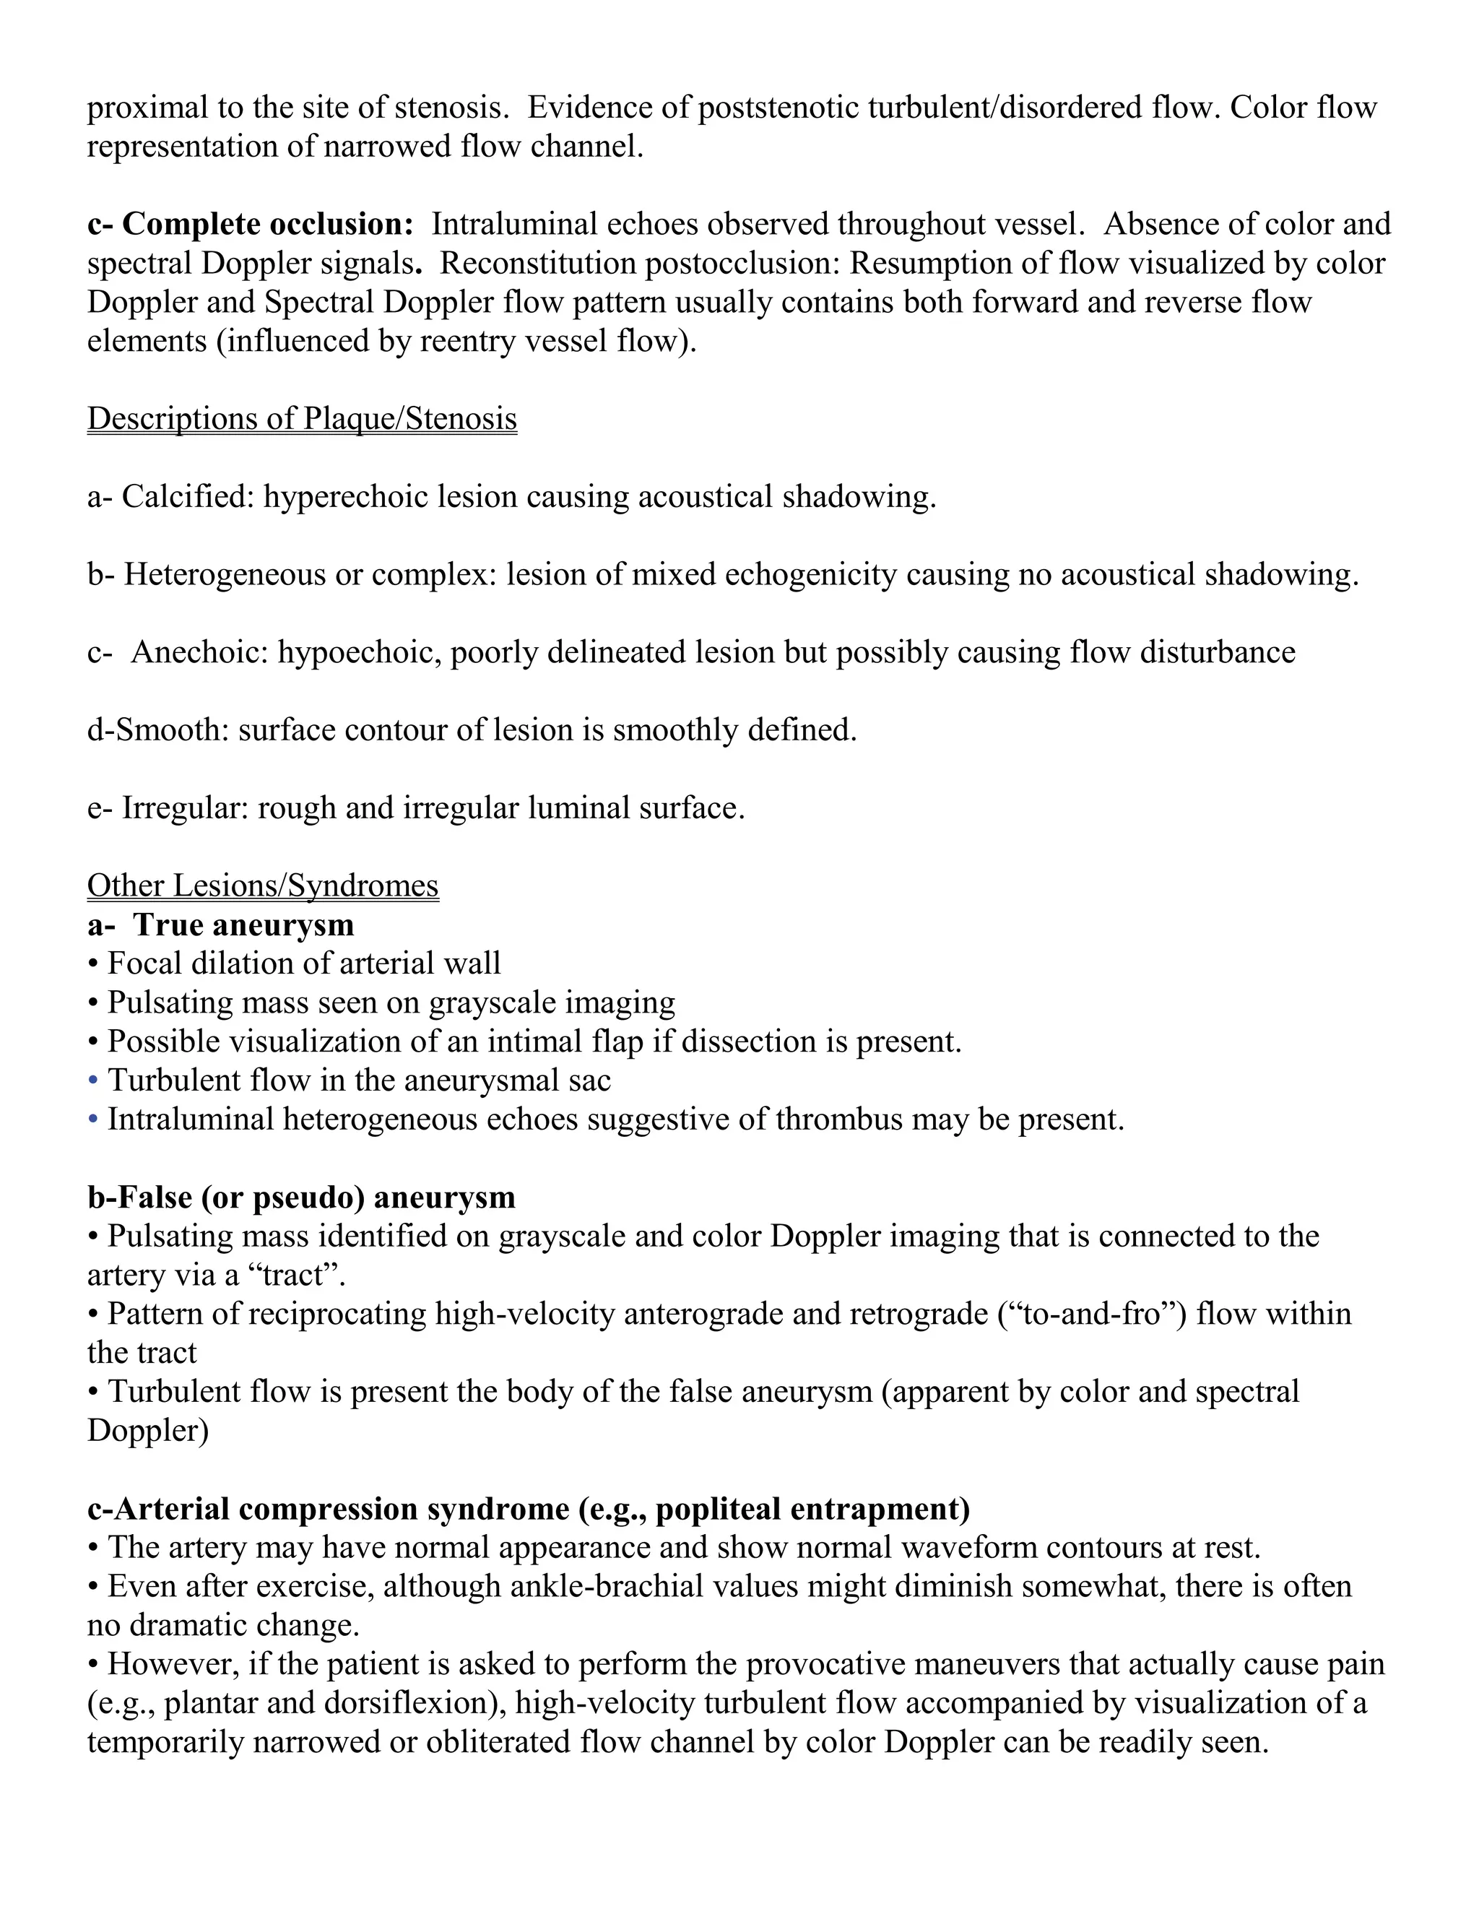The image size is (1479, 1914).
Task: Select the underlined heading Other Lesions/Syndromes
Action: pyautogui.click(x=262, y=885)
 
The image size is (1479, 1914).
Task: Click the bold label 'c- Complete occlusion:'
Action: pyautogui.click(x=250, y=225)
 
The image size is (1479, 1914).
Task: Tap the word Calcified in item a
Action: pyautogui.click(x=188, y=497)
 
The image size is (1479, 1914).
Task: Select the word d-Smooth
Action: pyautogui.click(x=157, y=730)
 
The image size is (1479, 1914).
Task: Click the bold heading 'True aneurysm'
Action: pyautogui.click(x=243, y=924)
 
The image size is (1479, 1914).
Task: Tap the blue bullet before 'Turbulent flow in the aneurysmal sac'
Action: pyautogui.click(x=93, y=1081)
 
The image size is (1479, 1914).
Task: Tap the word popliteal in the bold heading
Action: pyautogui.click(x=718, y=1509)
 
